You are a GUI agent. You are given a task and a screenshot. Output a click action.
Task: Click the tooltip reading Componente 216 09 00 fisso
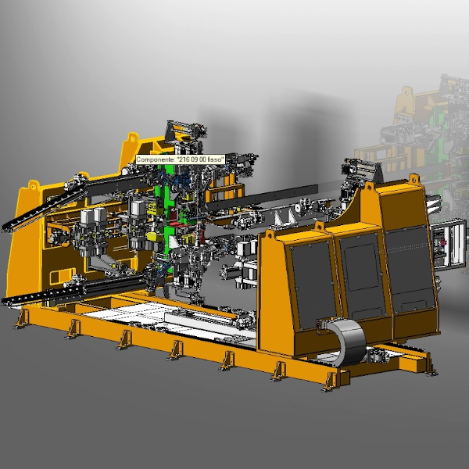coord(181,159)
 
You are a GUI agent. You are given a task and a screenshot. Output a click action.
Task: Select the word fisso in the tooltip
coord(215,159)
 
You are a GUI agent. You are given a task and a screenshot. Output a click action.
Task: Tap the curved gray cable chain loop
coord(348,340)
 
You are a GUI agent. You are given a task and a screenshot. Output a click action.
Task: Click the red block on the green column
coord(177,225)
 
